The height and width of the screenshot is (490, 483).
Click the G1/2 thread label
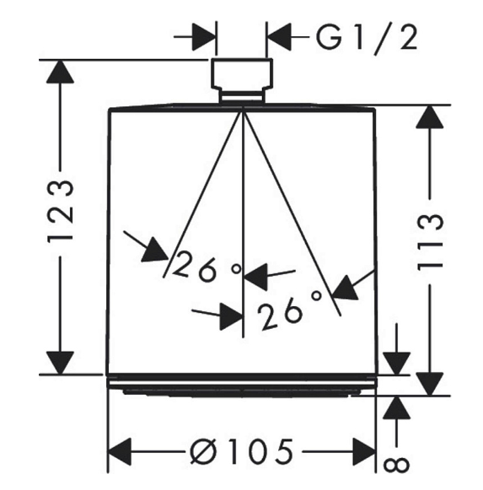(367, 39)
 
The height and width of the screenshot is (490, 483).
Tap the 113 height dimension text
(430, 241)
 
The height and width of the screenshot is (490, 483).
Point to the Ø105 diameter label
(242, 451)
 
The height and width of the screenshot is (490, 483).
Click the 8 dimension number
(396, 465)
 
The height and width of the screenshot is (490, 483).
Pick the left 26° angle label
(207, 267)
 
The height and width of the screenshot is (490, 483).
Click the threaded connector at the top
(242, 80)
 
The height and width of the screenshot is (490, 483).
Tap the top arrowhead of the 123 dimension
(60, 72)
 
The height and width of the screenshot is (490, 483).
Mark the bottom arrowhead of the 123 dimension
(60, 363)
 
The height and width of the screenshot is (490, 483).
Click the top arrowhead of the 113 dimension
(430, 116)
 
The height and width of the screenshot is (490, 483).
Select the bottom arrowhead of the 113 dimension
(430, 384)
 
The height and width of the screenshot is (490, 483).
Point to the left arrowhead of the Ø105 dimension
(119, 451)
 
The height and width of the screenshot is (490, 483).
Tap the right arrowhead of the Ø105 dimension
(364, 451)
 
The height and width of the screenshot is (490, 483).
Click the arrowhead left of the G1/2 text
(279, 37)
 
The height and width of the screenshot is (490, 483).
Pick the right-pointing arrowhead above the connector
(204, 36)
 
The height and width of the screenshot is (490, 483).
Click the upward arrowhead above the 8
(396, 407)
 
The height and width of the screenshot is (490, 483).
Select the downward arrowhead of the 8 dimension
(396, 363)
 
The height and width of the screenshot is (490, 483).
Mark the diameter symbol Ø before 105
(203, 451)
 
